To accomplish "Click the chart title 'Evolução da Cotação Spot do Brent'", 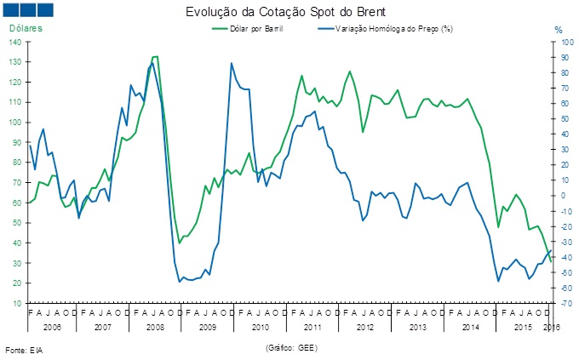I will coord(289,13).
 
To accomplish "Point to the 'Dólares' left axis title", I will coord(26,29).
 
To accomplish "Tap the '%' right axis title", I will coord(559,30).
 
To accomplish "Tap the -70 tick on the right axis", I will coord(562,303).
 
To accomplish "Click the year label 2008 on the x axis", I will coord(155,327).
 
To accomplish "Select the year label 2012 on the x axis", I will coord(365,327).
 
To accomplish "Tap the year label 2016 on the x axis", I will coord(550,327).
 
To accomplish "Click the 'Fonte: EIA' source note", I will coord(24,350).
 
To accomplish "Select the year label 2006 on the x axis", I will coord(50,327).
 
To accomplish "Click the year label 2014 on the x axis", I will coord(471,327).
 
